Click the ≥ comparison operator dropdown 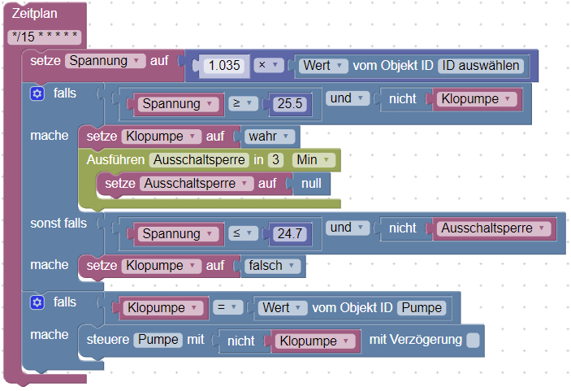tap(241, 104)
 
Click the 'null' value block tap(311, 184)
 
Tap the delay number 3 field tap(275, 159)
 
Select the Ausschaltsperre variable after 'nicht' tap(491, 228)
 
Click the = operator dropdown tap(230, 307)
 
